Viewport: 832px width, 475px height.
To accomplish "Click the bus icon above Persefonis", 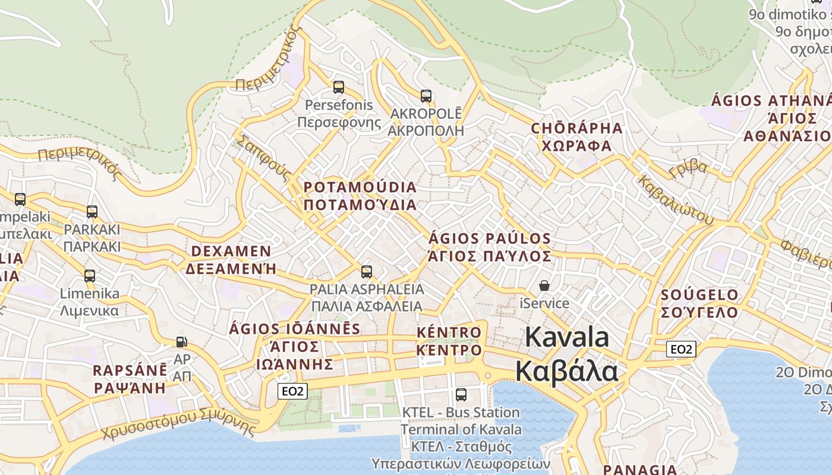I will pyautogui.click(x=338, y=87).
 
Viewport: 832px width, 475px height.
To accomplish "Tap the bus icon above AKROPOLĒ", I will pyautogui.click(x=426, y=96).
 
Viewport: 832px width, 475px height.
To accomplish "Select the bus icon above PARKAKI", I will pyautogui.click(x=92, y=211).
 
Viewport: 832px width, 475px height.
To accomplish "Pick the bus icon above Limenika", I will pyautogui.click(x=89, y=275).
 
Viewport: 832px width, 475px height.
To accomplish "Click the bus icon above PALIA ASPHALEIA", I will pyautogui.click(x=367, y=272).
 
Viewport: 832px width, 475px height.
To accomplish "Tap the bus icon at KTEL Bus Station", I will pyautogui.click(x=461, y=394).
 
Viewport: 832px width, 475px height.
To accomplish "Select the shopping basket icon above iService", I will pyautogui.click(x=544, y=286).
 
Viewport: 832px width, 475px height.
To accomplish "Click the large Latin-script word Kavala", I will pyautogui.click(x=567, y=337).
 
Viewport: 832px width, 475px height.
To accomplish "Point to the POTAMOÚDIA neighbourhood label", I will pyautogui.click(x=360, y=187).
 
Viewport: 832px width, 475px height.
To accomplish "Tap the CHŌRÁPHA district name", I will pyautogui.click(x=576, y=128).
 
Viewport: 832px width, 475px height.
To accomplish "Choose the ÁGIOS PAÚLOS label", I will pyautogui.click(x=490, y=239).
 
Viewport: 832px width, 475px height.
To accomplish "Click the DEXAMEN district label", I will pyautogui.click(x=231, y=251).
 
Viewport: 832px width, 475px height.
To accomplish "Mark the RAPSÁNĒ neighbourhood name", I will pyautogui.click(x=130, y=370).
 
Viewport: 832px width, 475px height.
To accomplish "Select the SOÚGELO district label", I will pyautogui.click(x=699, y=295).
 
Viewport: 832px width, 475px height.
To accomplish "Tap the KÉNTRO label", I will pyautogui.click(x=449, y=332).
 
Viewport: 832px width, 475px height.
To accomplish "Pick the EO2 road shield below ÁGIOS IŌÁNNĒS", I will pyautogui.click(x=292, y=391).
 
